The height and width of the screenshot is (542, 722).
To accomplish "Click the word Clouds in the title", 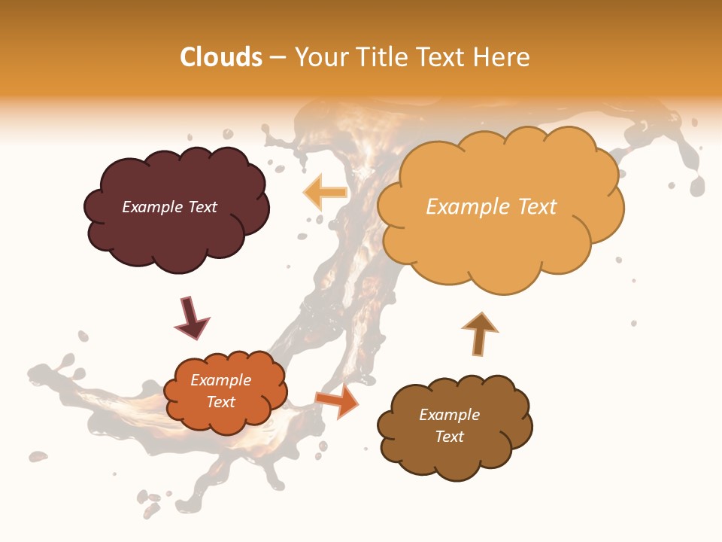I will point(221,57).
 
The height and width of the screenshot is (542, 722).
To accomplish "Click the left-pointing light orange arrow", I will point(324,193).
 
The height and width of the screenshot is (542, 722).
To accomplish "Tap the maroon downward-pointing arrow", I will point(191,319).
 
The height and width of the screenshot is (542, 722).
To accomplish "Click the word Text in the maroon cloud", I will point(202,207).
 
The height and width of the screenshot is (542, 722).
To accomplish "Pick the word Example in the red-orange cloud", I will point(221,380).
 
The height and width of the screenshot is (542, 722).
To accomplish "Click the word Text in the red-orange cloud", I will point(221,402).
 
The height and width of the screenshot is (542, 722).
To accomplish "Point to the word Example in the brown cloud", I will point(449,415).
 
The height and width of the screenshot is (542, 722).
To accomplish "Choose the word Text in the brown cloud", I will point(449,437).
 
